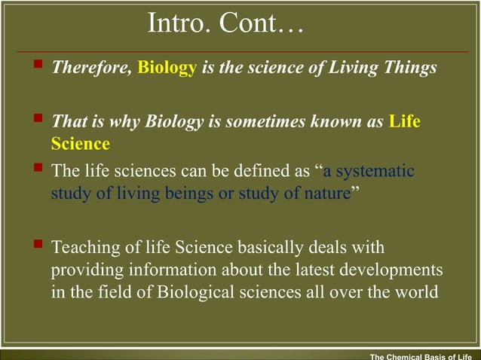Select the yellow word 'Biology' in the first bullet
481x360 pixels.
(x=167, y=68)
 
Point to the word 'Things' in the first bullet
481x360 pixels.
(x=411, y=68)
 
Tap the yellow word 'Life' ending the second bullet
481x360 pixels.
(x=405, y=122)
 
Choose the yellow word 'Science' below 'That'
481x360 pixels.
(x=80, y=143)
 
